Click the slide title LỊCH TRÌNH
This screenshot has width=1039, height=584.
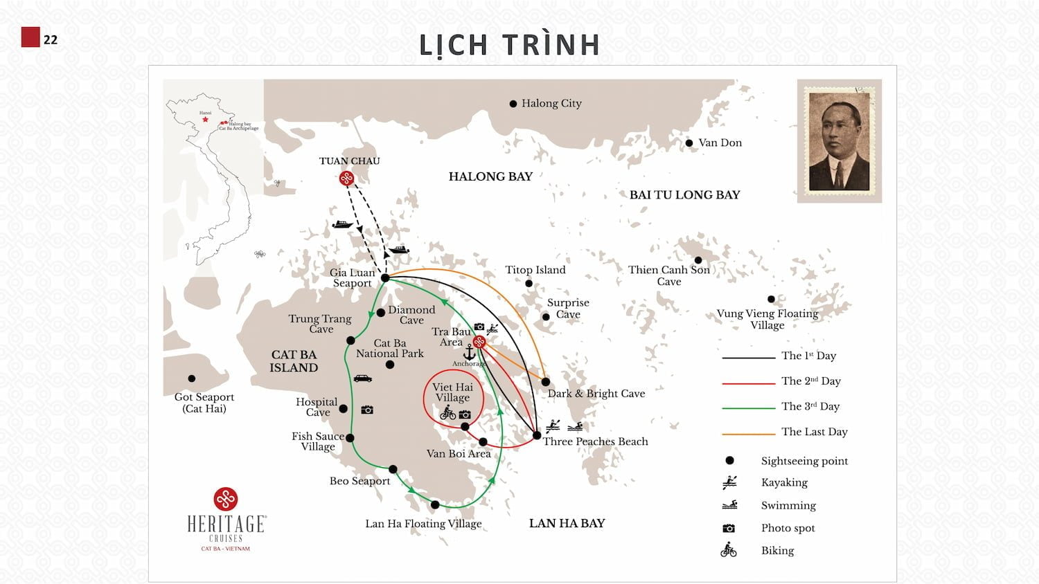[x=509, y=45]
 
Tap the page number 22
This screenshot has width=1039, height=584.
[x=51, y=39]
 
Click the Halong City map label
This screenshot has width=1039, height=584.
[x=551, y=103]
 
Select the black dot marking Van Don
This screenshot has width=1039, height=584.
[x=689, y=143]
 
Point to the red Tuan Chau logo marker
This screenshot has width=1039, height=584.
[x=346, y=179]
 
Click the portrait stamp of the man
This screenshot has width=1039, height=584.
[x=839, y=141]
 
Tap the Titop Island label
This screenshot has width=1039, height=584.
[x=535, y=270]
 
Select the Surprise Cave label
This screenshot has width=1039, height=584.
[x=568, y=308]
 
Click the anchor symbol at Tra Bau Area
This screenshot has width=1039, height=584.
[x=469, y=352]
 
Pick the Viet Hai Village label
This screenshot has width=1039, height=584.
[x=452, y=392]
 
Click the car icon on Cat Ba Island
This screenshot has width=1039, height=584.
[x=362, y=378]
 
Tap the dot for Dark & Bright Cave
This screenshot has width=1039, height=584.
[x=546, y=382]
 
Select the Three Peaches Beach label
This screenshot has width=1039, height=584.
[x=595, y=441]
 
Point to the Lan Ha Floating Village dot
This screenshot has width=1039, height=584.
[x=435, y=505]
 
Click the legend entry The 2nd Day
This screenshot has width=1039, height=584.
[x=810, y=381]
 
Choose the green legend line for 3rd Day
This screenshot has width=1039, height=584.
[x=748, y=408]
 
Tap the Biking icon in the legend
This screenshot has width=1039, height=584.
[x=729, y=551]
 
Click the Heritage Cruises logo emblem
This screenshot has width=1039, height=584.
[x=226, y=499]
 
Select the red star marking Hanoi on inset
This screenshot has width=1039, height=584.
[x=205, y=120]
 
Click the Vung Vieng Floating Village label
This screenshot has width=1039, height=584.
[x=767, y=319]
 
